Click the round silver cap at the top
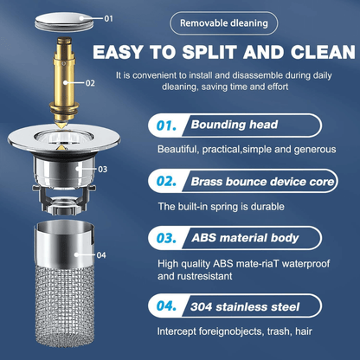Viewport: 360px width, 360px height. click(x=65, y=21)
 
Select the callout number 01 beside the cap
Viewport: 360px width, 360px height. click(x=108, y=19)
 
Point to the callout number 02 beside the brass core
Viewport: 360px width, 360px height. click(x=90, y=83)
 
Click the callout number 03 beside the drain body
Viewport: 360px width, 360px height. click(x=103, y=169)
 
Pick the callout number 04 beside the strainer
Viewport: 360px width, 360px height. click(x=101, y=255)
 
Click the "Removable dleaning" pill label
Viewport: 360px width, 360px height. click(x=224, y=23)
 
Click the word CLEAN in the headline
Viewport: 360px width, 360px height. click(x=323, y=52)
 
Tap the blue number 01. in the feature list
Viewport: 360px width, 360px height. click(x=166, y=125)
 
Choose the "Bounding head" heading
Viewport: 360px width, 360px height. click(x=235, y=125)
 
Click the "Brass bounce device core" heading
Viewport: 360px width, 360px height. click(x=262, y=182)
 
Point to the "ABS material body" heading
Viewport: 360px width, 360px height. click(x=245, y=238)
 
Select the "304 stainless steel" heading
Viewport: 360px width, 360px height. click(x=245, y=307)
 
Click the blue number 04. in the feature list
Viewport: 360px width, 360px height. click(x=166, y=306)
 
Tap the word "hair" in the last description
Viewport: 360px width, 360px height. click(x=304, y=331)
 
